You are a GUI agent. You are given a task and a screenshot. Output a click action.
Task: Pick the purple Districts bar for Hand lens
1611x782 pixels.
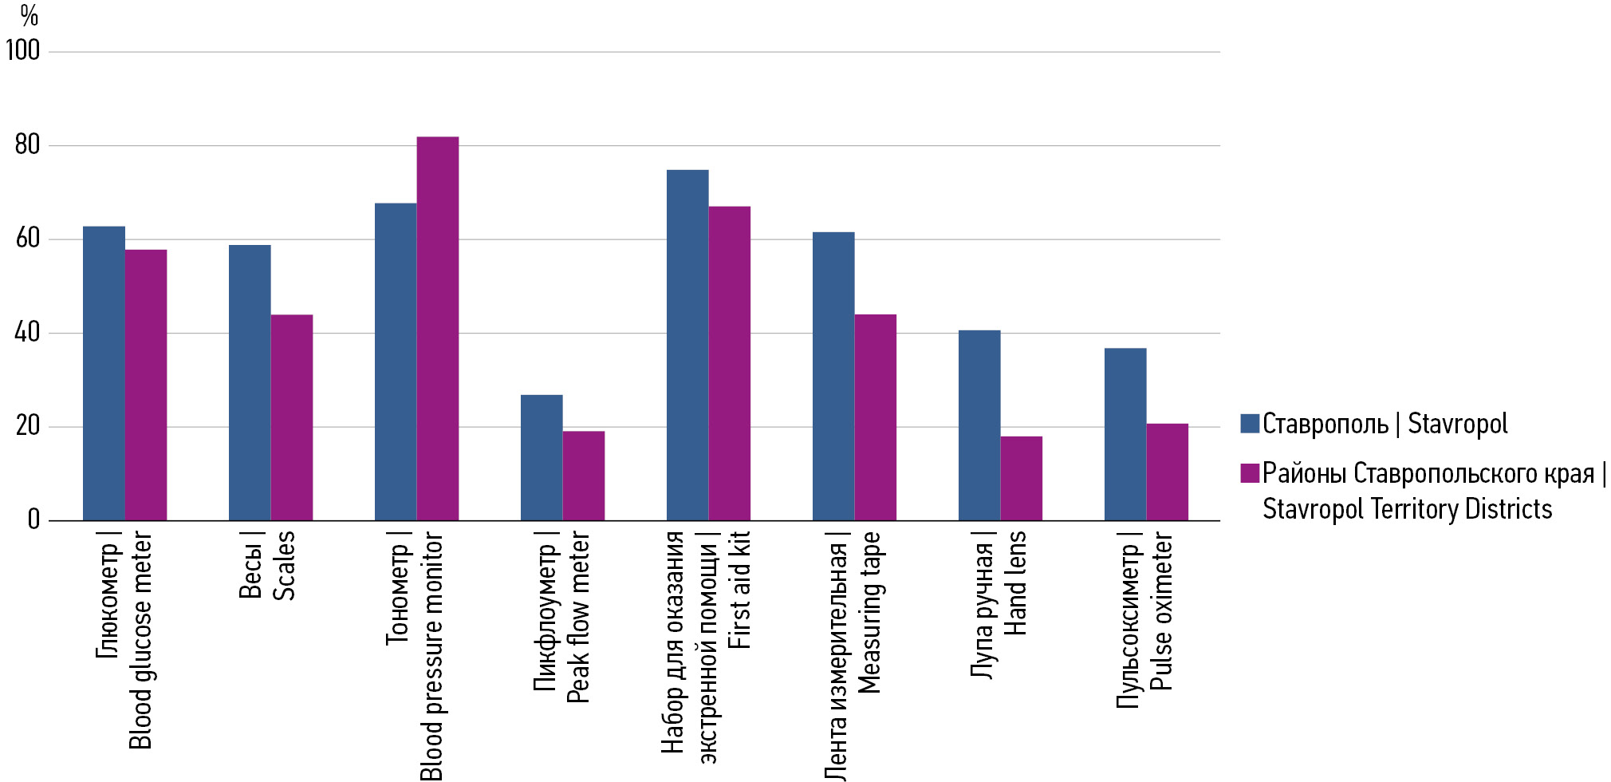click(x=1021, y=479)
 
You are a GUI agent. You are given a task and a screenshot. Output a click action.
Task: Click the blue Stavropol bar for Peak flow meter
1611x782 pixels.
click(x=542, y=458)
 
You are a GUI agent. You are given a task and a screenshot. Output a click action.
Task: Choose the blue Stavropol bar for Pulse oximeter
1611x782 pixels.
click(x=1125, y=434)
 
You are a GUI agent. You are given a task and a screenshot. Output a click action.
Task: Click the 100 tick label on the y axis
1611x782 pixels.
click(x=22, y=51)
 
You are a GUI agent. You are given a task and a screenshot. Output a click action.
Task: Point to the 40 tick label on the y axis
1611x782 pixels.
click(x=27, y=333)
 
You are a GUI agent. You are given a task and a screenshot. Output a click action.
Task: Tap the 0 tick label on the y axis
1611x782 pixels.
click(x=33, y=520)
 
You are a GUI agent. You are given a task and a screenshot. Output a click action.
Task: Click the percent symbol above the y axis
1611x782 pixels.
click(x=30, y=15)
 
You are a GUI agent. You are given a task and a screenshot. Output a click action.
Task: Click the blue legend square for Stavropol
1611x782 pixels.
click(x=1250, y=423)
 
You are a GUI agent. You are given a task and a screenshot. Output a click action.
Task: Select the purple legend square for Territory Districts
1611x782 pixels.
click(x=1250, y=473)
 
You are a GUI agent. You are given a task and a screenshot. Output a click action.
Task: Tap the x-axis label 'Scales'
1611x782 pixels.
click(x=284, y=566)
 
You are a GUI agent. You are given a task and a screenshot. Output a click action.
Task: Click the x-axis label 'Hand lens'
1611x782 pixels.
click(x=1014, y=583)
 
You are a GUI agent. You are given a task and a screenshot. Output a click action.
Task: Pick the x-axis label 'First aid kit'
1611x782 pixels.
click(x=739, y=590)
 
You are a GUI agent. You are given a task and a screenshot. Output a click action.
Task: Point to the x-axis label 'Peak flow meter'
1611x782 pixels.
click(x=577, y=617)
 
